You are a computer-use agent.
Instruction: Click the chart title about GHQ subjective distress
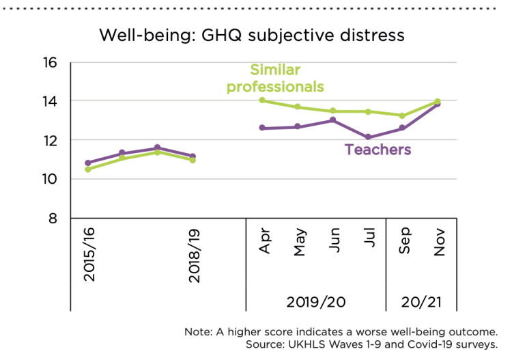pos(252,35)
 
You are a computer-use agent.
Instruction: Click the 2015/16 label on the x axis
pos(89,255)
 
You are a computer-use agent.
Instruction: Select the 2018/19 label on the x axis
pos(193,255)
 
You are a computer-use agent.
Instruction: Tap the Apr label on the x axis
pos(265,243)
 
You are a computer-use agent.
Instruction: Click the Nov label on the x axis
pos(439,243)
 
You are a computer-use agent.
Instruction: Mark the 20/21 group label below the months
pos(421,300)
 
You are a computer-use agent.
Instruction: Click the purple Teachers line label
pos(378,150)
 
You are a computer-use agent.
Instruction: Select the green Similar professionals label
pos(275,78)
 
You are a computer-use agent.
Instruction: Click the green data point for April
pos(262,100)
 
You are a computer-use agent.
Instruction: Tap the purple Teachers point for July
pos(369,137)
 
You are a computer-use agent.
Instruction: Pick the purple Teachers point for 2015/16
pos(87,163)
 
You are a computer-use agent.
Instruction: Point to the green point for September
pos(403,115)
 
